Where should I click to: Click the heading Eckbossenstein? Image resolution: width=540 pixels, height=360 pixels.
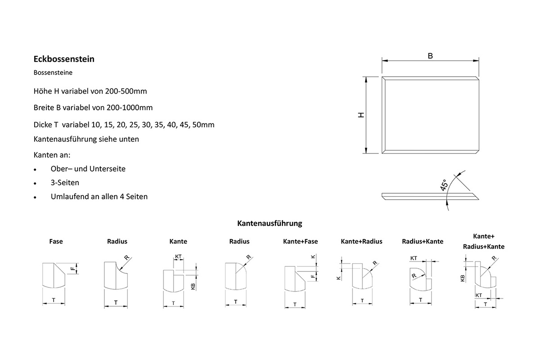64,59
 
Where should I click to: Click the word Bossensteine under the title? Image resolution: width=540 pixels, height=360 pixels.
53,72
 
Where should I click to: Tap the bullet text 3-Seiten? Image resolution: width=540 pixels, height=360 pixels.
65,183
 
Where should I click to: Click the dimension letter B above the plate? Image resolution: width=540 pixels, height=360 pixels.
430,56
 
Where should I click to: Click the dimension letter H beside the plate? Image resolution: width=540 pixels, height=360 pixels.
361,115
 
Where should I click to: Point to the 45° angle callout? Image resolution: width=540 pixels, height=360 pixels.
444,185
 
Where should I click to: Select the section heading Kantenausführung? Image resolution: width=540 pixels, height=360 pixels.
270,223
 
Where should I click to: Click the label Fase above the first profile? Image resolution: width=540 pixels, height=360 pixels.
56,241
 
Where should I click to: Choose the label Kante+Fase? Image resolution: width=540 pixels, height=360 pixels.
300,241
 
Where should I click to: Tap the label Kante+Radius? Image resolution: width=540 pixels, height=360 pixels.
361,241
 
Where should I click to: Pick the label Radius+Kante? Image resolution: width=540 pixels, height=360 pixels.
422,241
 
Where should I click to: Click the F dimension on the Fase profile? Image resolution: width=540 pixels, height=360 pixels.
72,269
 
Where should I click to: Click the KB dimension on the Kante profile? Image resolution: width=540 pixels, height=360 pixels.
193,286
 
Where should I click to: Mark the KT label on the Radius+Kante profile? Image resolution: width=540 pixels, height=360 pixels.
414,259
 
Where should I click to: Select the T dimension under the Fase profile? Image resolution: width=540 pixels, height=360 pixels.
54,299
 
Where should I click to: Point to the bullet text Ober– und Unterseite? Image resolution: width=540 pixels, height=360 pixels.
88,169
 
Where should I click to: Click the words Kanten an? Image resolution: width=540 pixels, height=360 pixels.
52,155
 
